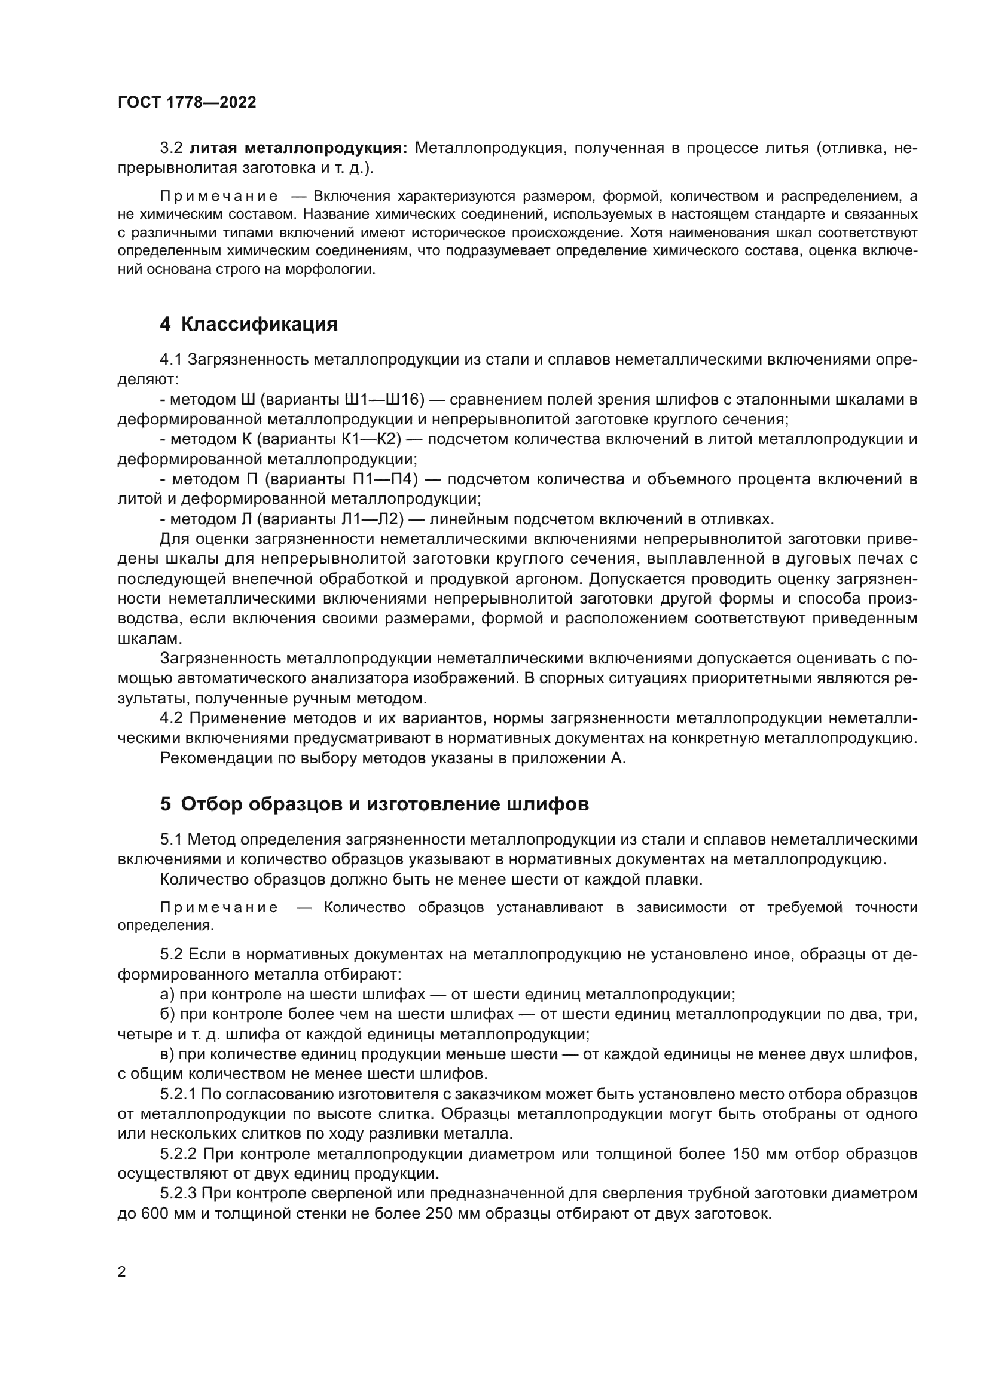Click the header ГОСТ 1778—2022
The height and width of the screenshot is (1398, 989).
pyautogui.click(x=187, y=102)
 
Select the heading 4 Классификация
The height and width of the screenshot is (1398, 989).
pyautogui.click(x=249, y=324)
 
